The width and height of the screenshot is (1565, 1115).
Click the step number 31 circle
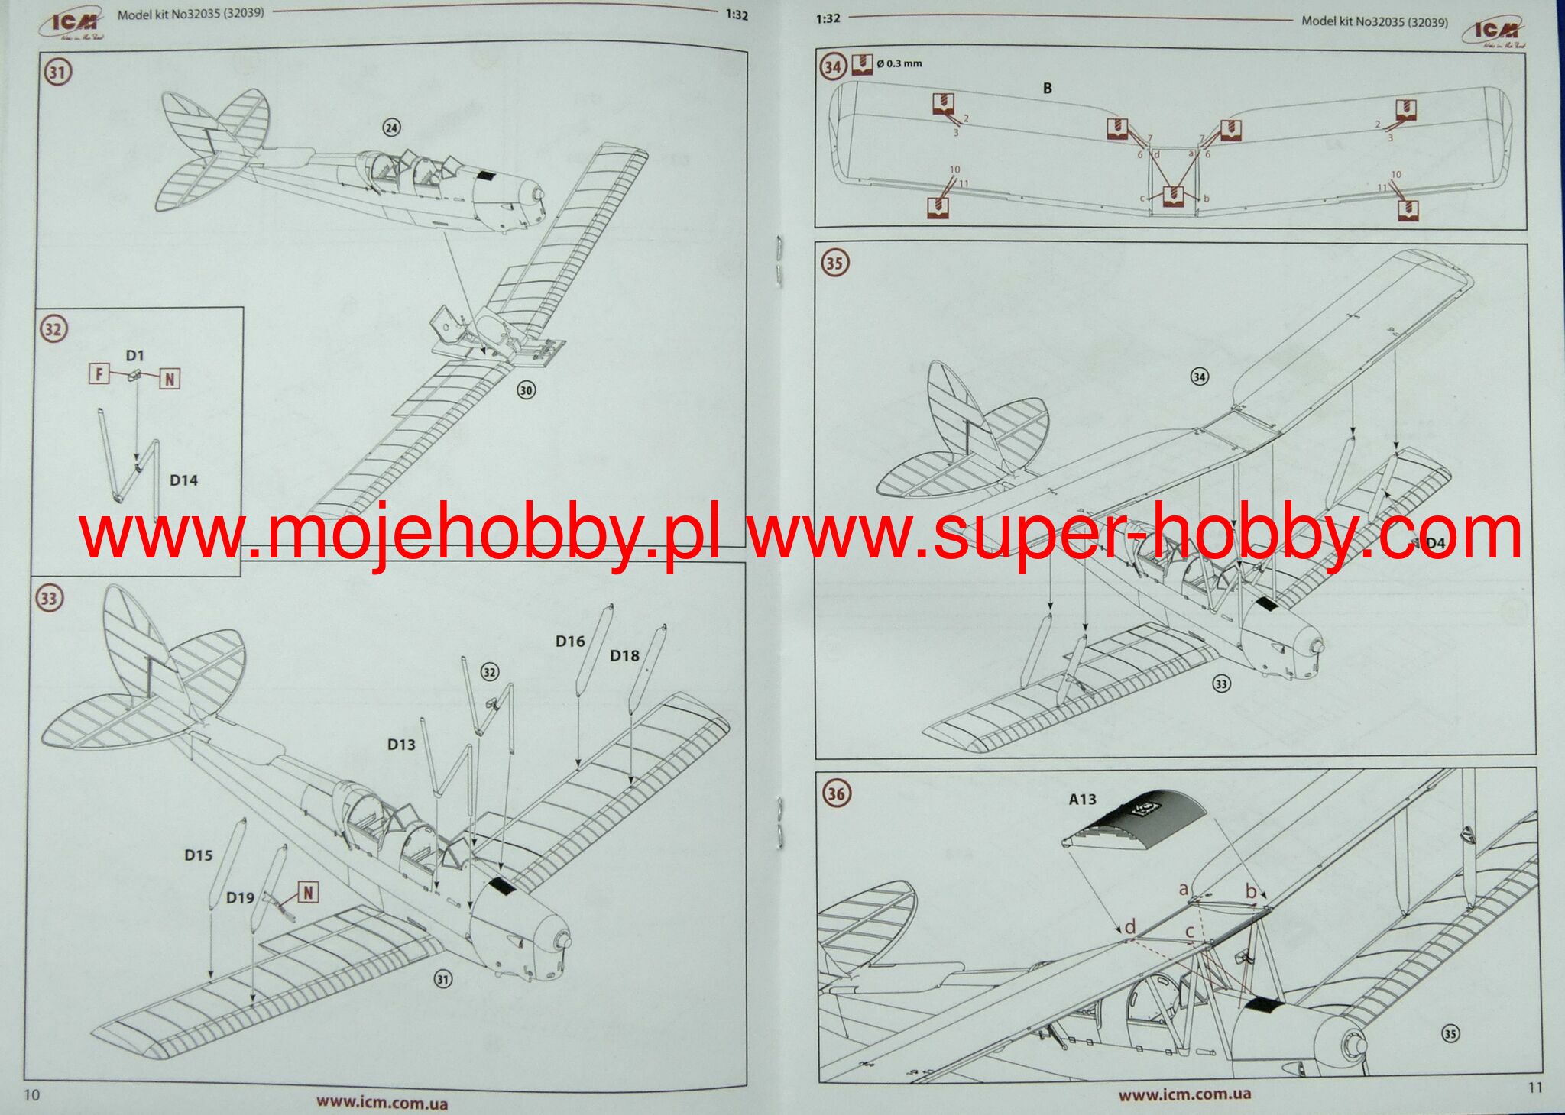pos(57,73)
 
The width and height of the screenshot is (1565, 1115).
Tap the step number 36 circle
pos(835,793)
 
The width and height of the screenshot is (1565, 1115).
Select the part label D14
pos(183,480)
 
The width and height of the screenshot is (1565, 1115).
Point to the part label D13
pos(401,745)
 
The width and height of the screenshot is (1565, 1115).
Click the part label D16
pos(570,642)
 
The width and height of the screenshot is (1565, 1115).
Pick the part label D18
pos(624,656)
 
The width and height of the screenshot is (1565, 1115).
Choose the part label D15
pos(198,855)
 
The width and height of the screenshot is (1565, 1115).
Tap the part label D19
pos(240,898)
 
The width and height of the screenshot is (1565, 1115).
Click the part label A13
pos(1082,800)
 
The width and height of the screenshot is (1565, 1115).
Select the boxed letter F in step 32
pos(99,373)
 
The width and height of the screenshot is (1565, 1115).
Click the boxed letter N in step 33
pos(308,892)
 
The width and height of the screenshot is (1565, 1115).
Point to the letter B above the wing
pos(1047,89)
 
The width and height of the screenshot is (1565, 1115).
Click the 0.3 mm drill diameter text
pos(899,63)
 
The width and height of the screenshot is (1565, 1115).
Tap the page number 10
pos(32,1095)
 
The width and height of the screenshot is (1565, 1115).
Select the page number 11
pos(1535,1088)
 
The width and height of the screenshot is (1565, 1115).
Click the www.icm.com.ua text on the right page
pos(1184,1094)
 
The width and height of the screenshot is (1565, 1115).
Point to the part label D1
pos(134,356)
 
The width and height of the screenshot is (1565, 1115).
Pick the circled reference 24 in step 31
pos(391,128)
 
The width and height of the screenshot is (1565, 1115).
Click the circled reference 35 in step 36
pos(1450,1034)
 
